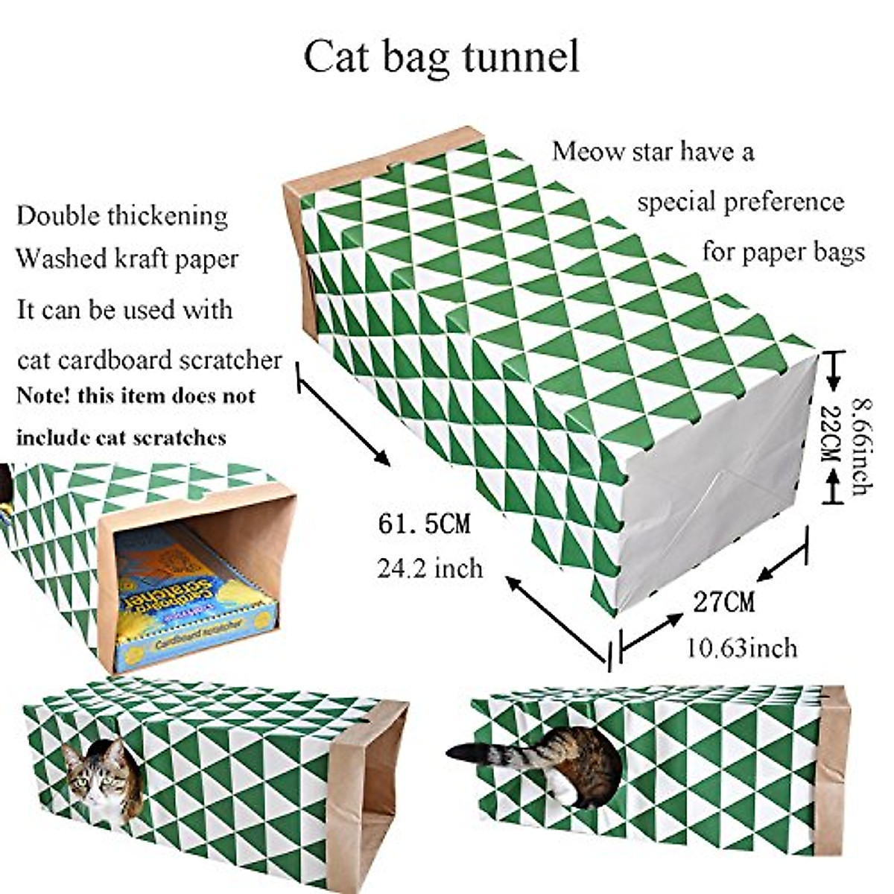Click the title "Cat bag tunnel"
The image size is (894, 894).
pyautogui.click(x=441, y=57)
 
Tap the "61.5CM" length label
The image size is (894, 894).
pyautogui.click(x=424, y=524)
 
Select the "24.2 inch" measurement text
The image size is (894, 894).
pyautogui.click(x=430, y=569)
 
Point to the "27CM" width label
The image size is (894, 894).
pyautogui.click(x=723, y=601)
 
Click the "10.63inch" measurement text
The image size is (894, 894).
pyautogui.click(x=741, y=647)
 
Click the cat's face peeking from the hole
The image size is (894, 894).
pyautogui.click(x=95, y=776)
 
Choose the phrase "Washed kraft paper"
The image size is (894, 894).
pyautogui.click(x=127, y=259)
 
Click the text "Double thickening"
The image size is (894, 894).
pyautogui.click(x=122, y=216)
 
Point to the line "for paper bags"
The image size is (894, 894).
pyautogui.click(x=783, y=252)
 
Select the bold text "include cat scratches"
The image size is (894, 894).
pyautogui.click(x=121, y=436)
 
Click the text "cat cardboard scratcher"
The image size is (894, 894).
pyautogui.click(x=149, y=360)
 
